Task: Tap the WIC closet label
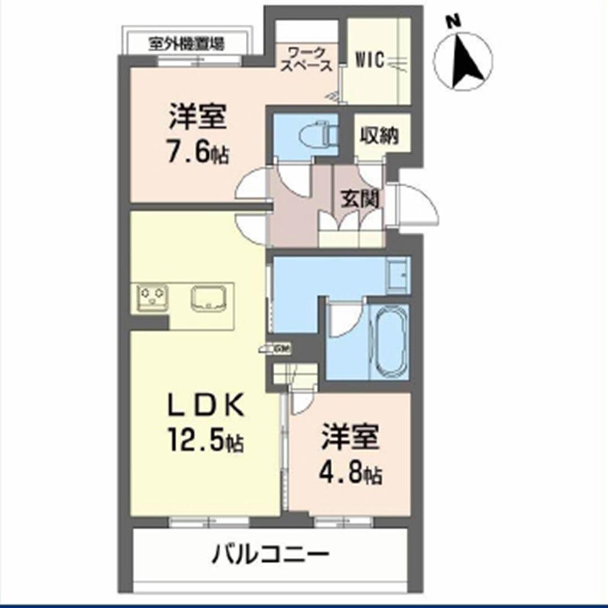point(370,60)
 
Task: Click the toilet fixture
point(319,133)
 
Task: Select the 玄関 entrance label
point(359,199)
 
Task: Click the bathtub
point(389,342)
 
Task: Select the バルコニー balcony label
point(270,556)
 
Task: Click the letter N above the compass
point(454,21)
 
